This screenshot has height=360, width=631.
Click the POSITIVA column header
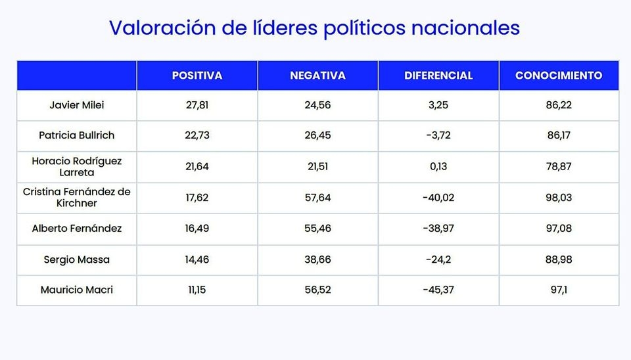[197, 76]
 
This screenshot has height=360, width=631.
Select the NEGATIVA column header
[317, 76]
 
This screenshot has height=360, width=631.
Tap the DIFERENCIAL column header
[438, 76]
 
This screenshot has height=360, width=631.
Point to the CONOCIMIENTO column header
[559, 76]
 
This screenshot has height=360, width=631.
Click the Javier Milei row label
[76, 105]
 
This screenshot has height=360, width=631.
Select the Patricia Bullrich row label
[76, 135]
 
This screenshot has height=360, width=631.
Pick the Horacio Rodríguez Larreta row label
[76, 166]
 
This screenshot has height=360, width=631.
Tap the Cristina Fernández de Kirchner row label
[76, 198]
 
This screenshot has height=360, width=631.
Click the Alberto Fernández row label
[76, 229]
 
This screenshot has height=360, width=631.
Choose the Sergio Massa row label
[76, 259]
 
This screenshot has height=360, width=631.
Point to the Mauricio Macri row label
[76, 290]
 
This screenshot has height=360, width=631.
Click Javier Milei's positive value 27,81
[197, 105]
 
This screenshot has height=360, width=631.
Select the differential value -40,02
[438, 198]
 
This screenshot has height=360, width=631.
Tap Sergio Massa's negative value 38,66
[317, 259]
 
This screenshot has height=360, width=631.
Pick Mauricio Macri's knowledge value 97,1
[559, 290]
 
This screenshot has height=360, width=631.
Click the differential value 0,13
[438, 166]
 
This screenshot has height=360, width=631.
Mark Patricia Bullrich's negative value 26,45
[317, 135]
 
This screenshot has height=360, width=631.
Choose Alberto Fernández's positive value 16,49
[197, 229]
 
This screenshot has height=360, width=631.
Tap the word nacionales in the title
[465, 28]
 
